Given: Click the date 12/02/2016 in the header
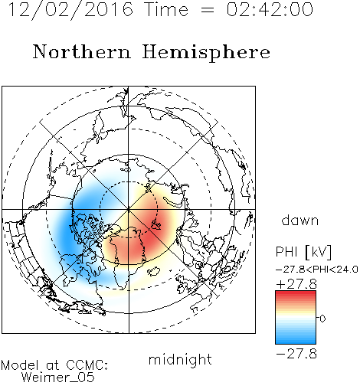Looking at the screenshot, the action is (x=70, y=9).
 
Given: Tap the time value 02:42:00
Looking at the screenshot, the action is (x=270, y=9).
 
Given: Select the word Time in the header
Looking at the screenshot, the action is (x=166, y=9).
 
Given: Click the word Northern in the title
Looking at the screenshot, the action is (x=82, y=51).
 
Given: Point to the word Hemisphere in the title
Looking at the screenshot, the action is (x=206, y=52).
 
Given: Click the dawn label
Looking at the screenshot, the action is (x=300, y=220).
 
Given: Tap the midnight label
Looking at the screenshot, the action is (x=180, y=359).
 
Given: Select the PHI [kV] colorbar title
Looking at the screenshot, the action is (x=303, y=252).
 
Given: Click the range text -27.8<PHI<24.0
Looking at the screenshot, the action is (x=317, y=270).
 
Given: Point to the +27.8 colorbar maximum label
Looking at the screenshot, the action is (x=296, y=284).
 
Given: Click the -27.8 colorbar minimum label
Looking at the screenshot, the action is (x=296, y=354).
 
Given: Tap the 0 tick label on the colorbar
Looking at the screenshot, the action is (x=322, y=319).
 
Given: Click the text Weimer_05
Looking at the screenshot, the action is (x=58, y=377).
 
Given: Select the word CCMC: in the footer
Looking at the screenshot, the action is (x=87, y=365).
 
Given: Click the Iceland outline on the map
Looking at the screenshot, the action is (x=154, y=271).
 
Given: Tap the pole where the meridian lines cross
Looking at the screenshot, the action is (x=129, y=209).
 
